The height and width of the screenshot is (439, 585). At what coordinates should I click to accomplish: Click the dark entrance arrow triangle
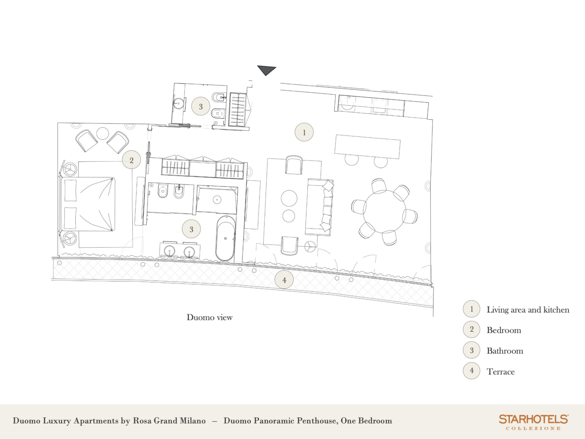click(266, 70)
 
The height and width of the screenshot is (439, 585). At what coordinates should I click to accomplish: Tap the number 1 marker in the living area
click(304, 132)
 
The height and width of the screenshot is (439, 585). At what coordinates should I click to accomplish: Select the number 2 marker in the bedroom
click(131, 160)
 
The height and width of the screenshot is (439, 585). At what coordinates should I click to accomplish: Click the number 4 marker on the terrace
click(284, 280)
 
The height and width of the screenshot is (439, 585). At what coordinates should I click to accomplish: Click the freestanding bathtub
click(226, 238)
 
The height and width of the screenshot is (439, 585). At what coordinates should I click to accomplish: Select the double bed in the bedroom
click(88, 204)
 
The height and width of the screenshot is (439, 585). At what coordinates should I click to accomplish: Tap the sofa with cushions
click(319, 207)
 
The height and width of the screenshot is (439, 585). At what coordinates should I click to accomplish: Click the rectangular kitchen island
click(367, 147)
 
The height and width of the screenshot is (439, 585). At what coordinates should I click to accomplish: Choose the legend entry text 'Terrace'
click(501, 372)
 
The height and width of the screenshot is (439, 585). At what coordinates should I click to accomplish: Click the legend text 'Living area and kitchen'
click(528, 310)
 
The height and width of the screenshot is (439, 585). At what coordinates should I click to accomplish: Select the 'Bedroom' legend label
click(504, 330)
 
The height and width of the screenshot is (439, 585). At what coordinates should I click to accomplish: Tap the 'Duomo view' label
click(210, 317)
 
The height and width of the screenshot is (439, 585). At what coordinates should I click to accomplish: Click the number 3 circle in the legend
click(471, 350)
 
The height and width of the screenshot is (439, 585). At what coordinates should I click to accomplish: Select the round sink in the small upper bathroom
click(178, 103)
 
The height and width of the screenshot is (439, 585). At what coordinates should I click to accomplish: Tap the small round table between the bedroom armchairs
click(102, 134)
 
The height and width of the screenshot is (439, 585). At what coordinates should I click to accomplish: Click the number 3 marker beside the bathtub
click(191, 229)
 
